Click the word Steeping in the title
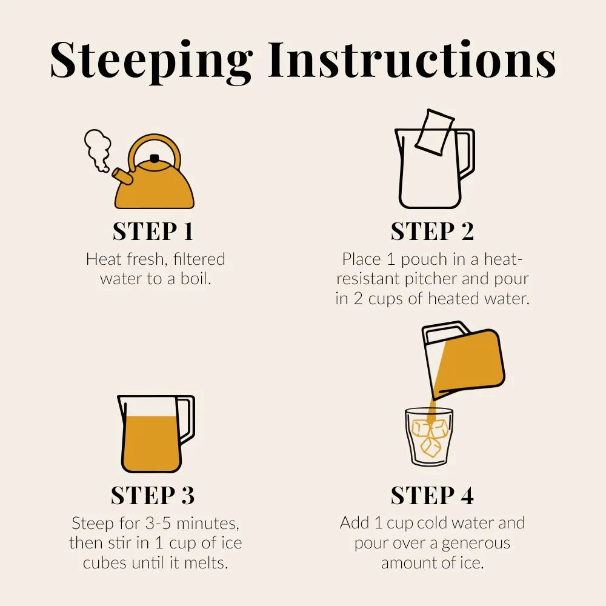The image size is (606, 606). click(151, 62)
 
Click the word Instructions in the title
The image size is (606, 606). click(411, 59)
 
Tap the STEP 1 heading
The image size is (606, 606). click(153, 231)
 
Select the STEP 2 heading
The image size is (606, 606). click(432, 231)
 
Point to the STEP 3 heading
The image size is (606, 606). click(153, 496)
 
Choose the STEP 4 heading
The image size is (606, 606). click(432, 496)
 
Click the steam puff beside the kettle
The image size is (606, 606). click(98, 150)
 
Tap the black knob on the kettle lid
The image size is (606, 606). click(155, 158)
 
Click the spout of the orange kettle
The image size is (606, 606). click(122, 176)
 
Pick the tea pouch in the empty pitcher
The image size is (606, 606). click(435, 132)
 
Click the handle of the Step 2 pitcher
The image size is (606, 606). click(465, 153)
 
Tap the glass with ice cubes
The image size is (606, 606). click(429, 436)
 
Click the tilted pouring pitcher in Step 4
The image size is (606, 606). click(464, 359)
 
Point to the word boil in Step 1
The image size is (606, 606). click(196, 279)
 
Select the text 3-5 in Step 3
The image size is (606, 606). click(158, 524)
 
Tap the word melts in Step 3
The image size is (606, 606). click(206, 563)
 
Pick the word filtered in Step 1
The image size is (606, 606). click(199, 259)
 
